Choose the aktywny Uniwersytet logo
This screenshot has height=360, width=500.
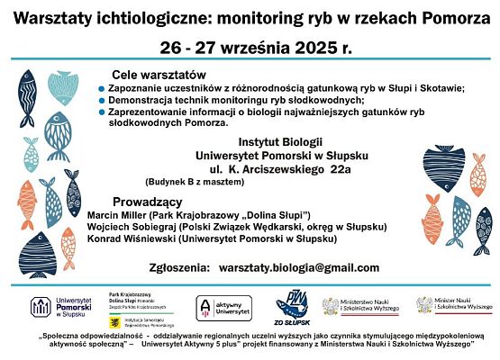[x=219, y=308]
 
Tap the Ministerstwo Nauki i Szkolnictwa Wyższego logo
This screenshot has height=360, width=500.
[x=360, y=307]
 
